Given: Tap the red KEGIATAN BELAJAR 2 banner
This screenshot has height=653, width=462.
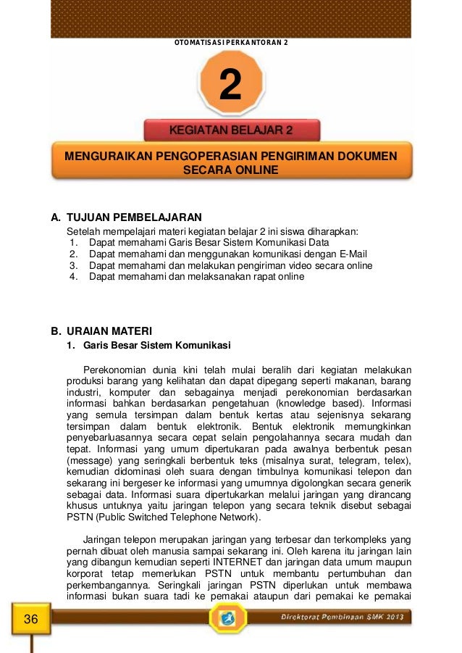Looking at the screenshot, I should (x=231, y=130).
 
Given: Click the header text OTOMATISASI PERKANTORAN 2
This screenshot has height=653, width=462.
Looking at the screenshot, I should (x=231, y=43).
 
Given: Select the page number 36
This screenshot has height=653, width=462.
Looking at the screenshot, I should (x=31, y=618).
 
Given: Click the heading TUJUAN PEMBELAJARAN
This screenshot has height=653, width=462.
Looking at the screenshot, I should (x=133, y=217).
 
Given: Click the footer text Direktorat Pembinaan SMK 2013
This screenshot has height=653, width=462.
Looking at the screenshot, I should (x=345, y=617).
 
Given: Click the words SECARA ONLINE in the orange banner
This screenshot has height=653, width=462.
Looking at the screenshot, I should (x=231, y=170).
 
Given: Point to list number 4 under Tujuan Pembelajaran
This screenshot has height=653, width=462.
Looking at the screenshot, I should (x=73, y=277).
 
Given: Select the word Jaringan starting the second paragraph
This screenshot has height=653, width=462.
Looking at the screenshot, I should (x=101, y=539).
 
